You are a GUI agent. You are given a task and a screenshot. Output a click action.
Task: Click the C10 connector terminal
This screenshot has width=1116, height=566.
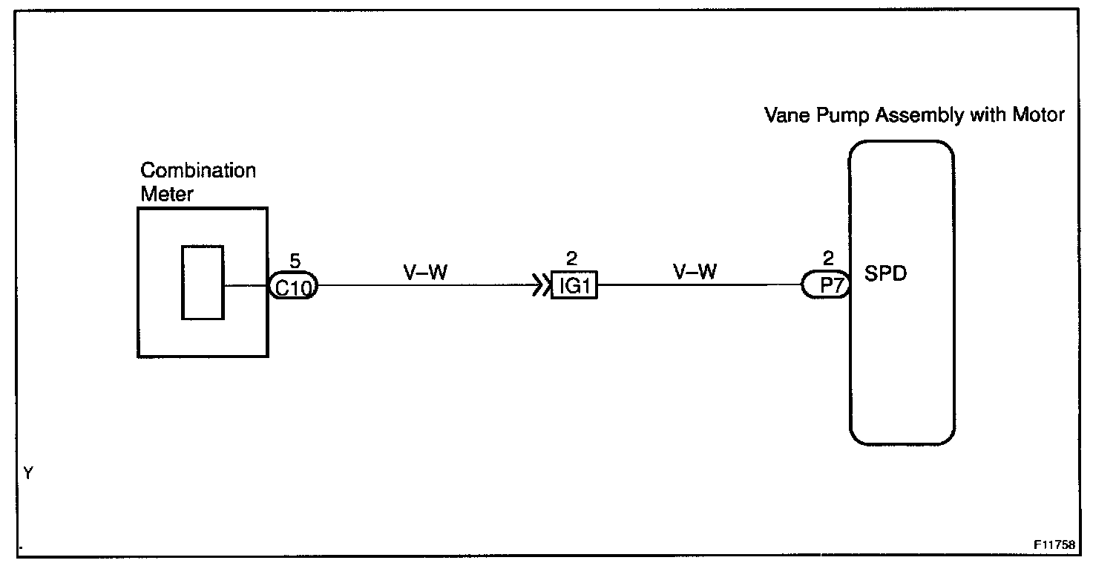[x=293, y=287]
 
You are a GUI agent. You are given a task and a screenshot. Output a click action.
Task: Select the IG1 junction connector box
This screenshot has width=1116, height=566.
[x=574, y=286]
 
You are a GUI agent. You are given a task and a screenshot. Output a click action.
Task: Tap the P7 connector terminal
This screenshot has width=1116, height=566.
[x=825, y=286]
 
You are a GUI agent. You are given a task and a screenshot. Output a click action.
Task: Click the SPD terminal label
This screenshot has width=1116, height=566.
[x=886, y=274]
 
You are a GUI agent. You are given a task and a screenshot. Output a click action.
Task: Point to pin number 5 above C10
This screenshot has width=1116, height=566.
[x=295, y=261]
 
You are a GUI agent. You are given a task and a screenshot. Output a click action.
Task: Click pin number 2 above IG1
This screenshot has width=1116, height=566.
[x=571, y=259]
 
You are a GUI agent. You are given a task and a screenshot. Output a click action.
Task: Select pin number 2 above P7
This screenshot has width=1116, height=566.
[x=828, y=259]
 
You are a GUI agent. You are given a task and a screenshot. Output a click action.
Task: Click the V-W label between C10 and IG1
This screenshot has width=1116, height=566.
[x=425, y=273]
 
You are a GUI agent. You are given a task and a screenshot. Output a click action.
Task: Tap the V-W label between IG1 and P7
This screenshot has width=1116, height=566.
[x=695, y=273]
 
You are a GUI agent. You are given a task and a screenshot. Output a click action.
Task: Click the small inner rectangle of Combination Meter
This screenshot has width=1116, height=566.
[x=203, y=282]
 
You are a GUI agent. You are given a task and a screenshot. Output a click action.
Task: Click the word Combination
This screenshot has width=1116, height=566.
[x=198, y=171]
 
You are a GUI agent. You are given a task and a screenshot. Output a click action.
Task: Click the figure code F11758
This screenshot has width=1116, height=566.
[x=1053, y=543]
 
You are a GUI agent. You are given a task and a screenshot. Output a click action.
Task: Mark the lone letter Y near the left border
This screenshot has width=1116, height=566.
[x=28, y=473]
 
